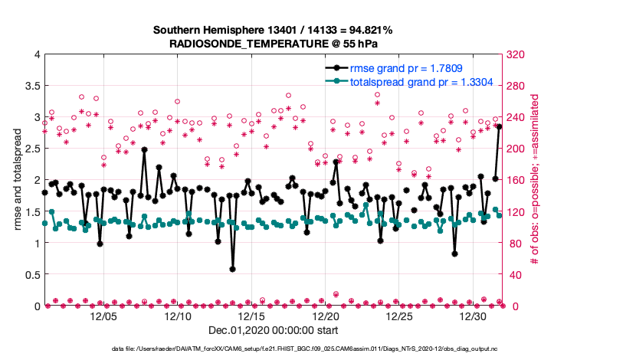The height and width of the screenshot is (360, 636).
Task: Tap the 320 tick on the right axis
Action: [x=517, y=54]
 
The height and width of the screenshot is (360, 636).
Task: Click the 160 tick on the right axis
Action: [x=517, y=180]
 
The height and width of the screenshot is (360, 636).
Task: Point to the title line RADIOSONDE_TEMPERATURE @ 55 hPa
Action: [x=273, y=44]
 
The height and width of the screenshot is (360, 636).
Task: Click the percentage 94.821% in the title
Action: [x=367, y=30]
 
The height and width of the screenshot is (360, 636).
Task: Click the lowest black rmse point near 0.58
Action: [x=232, y=269]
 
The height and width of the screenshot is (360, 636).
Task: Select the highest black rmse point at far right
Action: [x=499, y=126]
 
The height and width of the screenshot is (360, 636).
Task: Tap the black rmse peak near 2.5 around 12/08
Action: [x=144, y=150]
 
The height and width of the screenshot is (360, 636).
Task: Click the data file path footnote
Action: [x=304, y=349]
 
